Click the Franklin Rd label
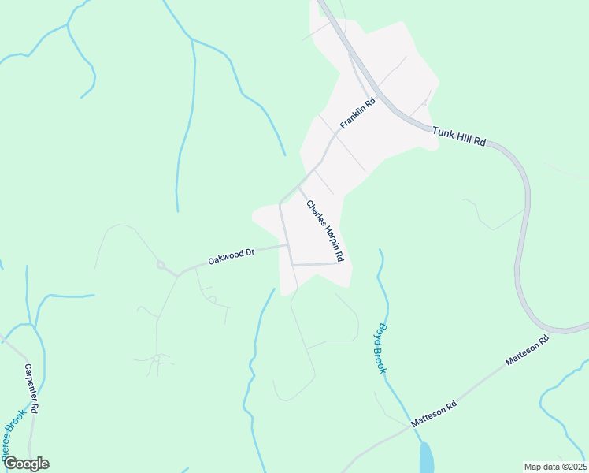[357, 114]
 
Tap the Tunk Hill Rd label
[459, 138]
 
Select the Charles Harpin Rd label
[325, 231]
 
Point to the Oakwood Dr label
[232, 256]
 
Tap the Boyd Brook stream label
[382, 348]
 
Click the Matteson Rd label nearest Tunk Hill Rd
[527, 352]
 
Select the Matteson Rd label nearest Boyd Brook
[434, 415]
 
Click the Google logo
[25, 464]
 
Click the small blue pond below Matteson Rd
[426, 458]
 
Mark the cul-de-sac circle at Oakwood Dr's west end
[161, 266]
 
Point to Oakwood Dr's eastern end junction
[287, 244]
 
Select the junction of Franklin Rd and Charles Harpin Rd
[298, 186]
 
